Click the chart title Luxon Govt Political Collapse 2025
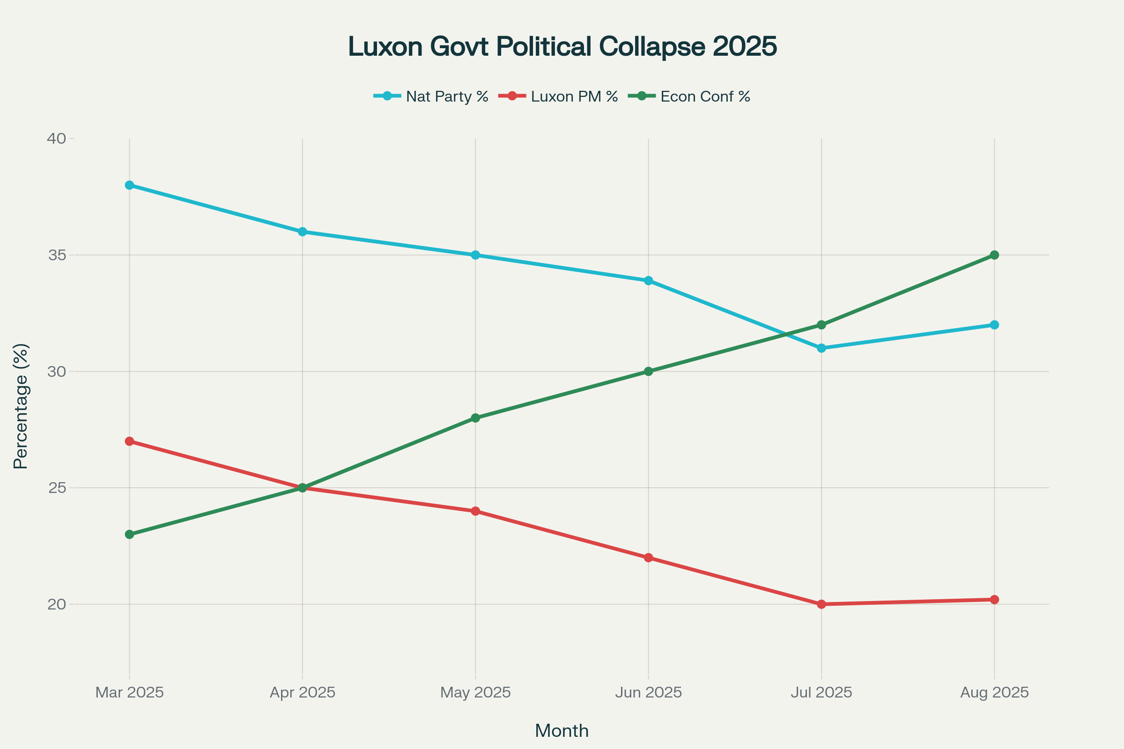pyautogui.click(x=562, y=47)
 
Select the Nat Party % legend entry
pyautogui.click(x=430, y=96)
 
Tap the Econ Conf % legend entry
pyautogui.click(x=689, y=96)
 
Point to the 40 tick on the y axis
pyautogui.click(x=56, y=139)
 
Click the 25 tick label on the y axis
pyautogui.click(x=56, y=488)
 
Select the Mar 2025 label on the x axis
pyautogui.click(x=130, y=692)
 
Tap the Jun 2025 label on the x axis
pyautogui.click(x=649, y=692)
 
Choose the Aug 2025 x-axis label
pyautogui.click(x=994, y=692)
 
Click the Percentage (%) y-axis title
pyautogui.click(x=21, y=406)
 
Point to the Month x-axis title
pyautogui.click(x=562, y=731)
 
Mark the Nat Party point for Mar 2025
pyautogui.click(x=130, y=185)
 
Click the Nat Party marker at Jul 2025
pyautogui.click(x=821, y=348)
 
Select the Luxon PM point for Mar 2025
pyautogui.click(x=130, y=441)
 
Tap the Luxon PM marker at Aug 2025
pyautogui.click(x=994, y=600)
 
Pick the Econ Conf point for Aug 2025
pyautogui.click(x=994, y=255)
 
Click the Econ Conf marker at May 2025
pyautogui.click(x=475, y=418)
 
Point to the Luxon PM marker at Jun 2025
pyautogui.click(x=649, y=558)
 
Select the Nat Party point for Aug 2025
pyautogui.click(x=994, y=325)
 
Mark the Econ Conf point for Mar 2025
pyautogui.click(x=130, y=534)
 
